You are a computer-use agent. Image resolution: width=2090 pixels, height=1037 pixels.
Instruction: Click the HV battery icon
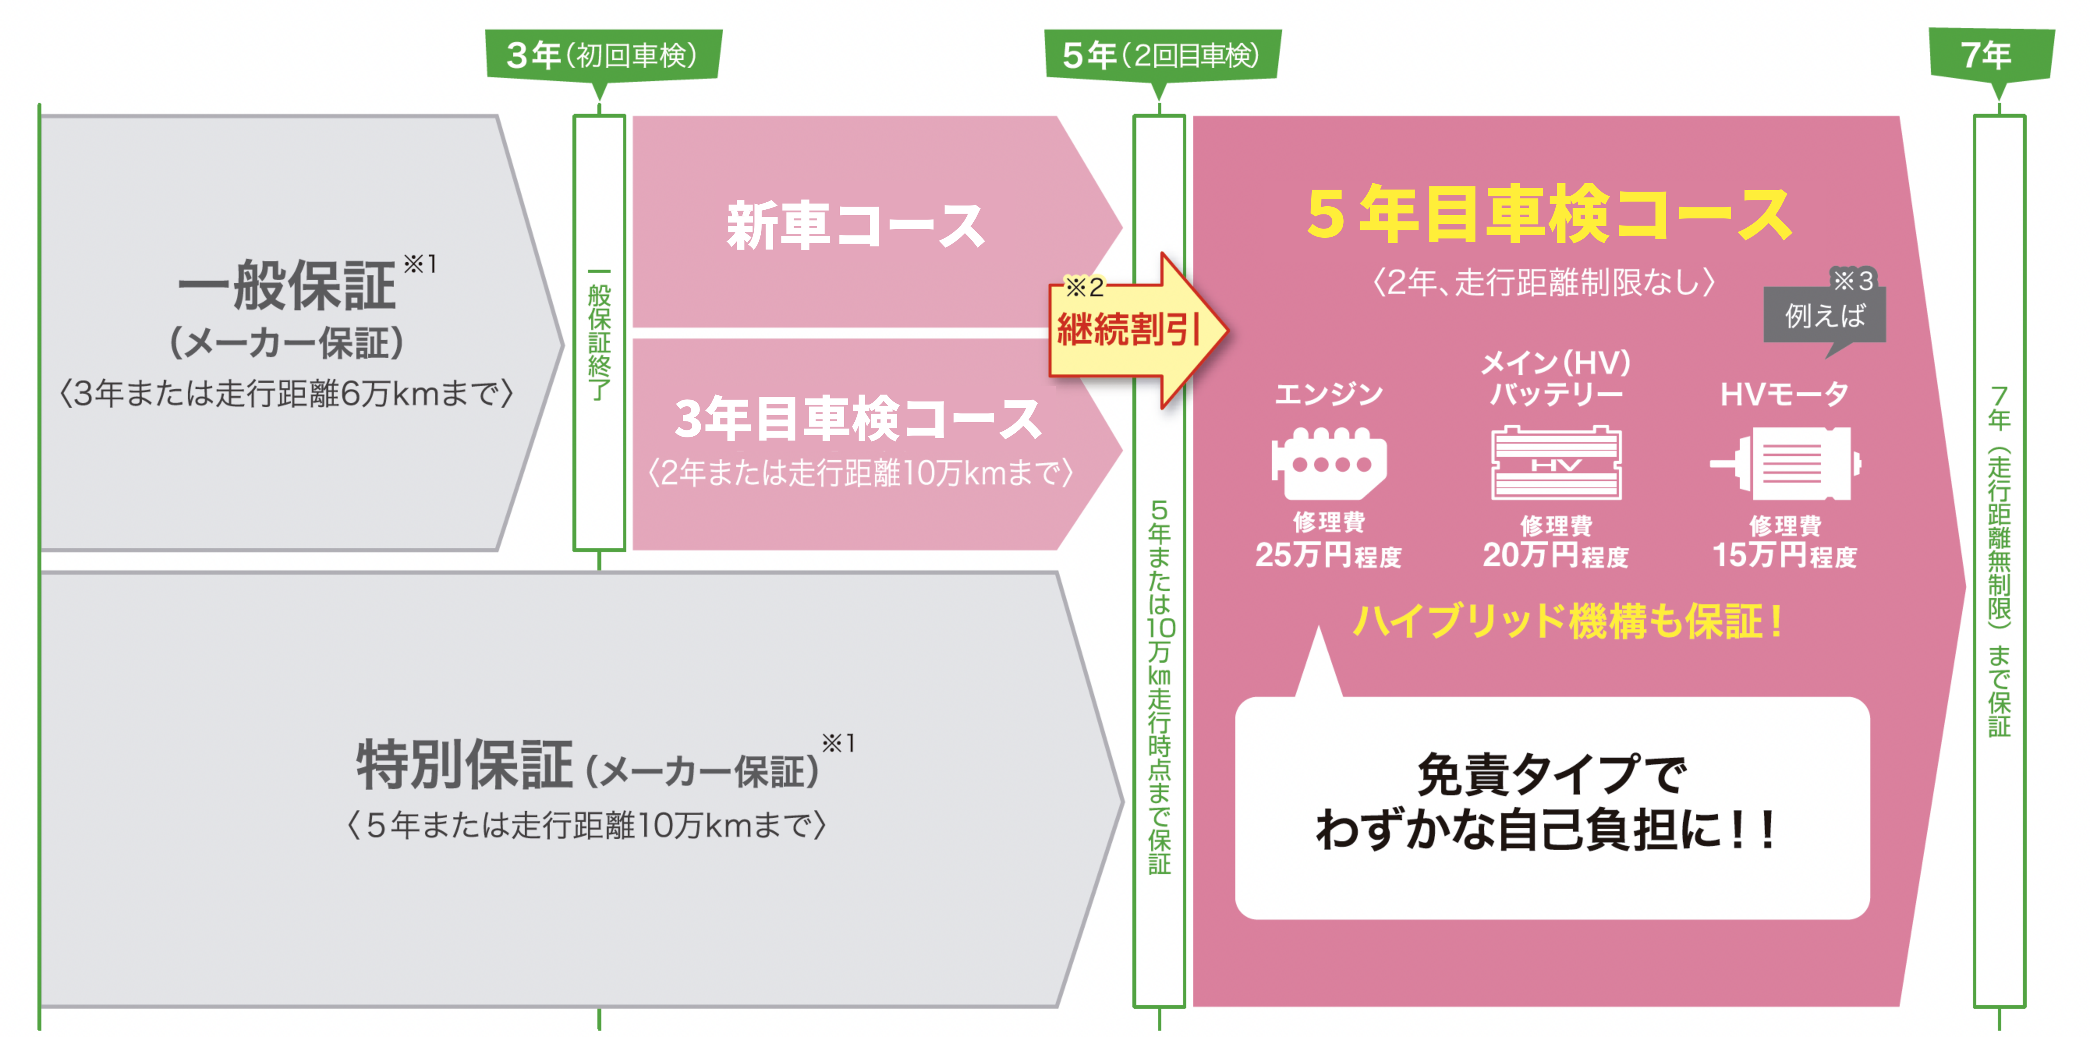pyautogui.click(x=1556, y=462)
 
